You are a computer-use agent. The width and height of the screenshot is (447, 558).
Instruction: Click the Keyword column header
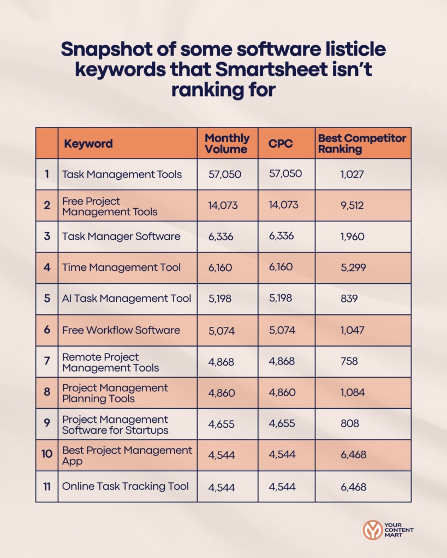point(88,144)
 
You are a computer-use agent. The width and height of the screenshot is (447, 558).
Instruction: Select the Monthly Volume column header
point(227,143)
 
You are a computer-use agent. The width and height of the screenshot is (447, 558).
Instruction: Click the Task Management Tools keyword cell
point(122,174)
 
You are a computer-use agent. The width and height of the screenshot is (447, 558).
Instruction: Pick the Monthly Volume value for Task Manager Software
point(220,237)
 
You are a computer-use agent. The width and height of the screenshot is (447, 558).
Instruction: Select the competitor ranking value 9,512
point(352,206)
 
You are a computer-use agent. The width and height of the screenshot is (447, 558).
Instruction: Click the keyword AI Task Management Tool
point(127,299)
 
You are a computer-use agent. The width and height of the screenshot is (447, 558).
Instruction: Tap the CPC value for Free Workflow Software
point(281,330)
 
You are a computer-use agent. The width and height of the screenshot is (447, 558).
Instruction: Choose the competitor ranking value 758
point(352,361)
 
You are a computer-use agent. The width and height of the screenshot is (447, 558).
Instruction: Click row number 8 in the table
point(47,393)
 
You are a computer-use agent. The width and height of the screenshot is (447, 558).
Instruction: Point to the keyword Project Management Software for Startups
point(115,424)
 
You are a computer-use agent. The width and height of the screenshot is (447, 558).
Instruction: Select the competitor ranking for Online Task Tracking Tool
point(353,487)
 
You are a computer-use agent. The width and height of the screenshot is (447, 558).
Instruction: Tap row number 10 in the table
point(47,456)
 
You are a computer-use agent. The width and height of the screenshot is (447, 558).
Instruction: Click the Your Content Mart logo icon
point(373,530)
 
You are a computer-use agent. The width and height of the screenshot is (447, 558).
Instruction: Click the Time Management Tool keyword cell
point(121,268)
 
